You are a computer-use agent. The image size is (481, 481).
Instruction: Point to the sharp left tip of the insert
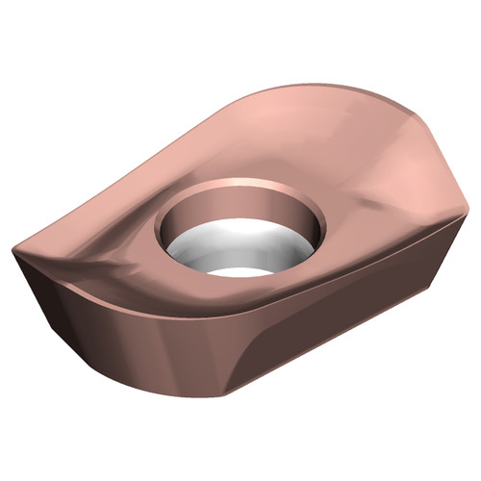pos(13,252)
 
